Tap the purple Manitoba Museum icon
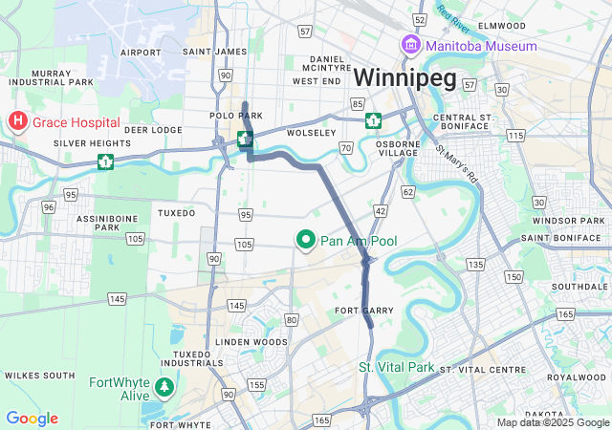click(411, 45)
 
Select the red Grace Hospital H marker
click(17, 121)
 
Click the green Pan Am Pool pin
click(306, 240)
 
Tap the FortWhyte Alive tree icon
click(165, 387)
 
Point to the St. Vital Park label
click(395, 367)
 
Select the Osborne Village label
click(399, 149)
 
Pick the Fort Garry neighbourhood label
click(359, 312)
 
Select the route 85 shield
click(357, 103)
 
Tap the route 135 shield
click(475, 263)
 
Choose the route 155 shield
click(256, 384)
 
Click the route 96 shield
click(48, 206)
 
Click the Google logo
click(32, 418)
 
